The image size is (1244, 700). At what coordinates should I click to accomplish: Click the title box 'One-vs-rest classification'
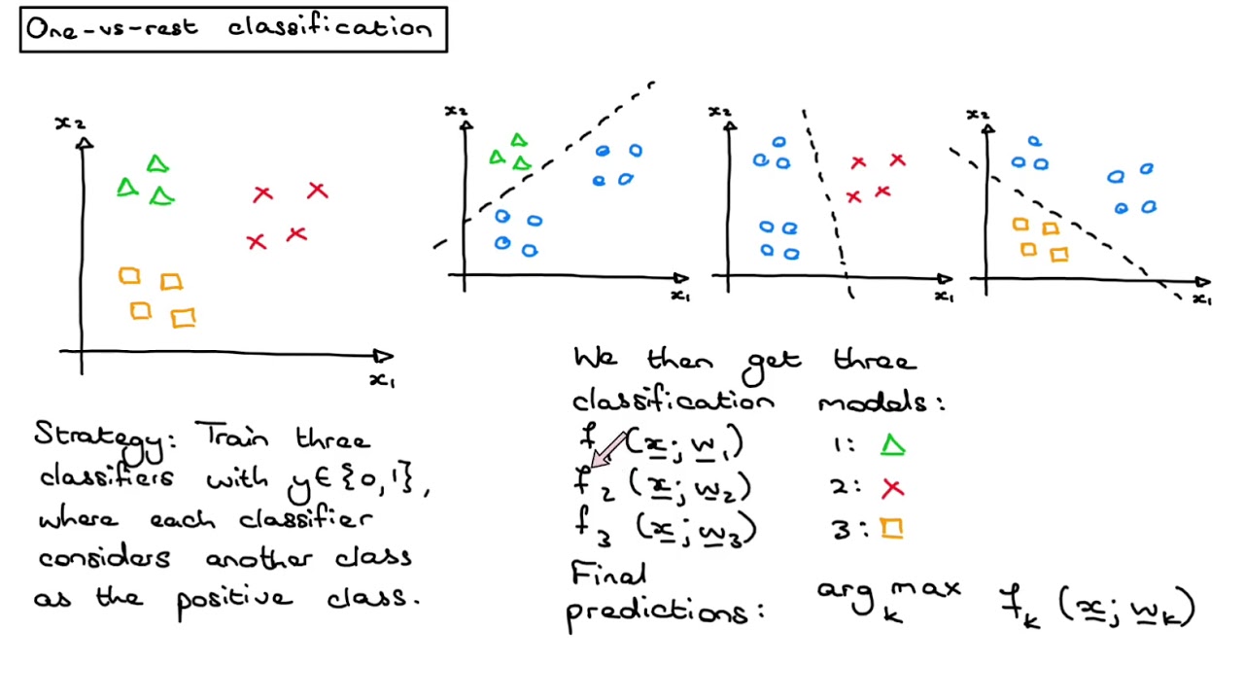(x=233, y=29)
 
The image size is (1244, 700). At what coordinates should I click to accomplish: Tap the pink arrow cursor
(x=608, y=450)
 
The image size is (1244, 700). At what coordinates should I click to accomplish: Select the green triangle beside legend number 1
(x=892, y=446)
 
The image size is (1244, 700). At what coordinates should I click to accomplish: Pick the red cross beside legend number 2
(x=892, y=488)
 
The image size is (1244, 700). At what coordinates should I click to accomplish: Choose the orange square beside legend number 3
(x=892, y=528)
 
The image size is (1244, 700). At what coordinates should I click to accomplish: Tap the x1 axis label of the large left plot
(x=382, y=380)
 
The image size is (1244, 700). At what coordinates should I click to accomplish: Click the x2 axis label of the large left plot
(x=69, y=123)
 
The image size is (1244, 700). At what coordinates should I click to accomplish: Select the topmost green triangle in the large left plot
(x=157, y=164)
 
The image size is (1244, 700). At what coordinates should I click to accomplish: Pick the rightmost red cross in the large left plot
(x=317, y=191)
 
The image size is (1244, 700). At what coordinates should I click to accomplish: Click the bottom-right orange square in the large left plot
(x=183, y=318)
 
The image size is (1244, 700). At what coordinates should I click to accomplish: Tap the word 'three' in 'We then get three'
(x=875, y=361)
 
